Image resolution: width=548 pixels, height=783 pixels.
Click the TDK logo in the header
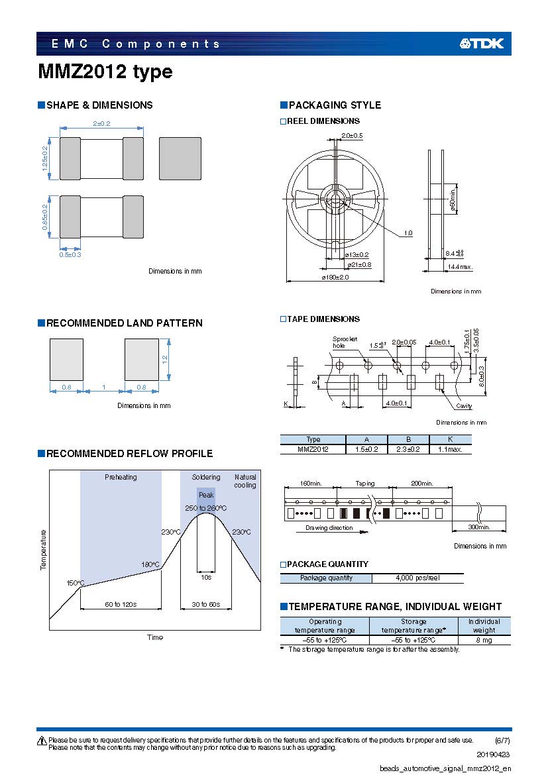point(482,44)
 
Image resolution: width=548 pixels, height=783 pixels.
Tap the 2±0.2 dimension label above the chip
point(101,123)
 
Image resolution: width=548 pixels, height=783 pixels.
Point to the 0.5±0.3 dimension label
point(70,254)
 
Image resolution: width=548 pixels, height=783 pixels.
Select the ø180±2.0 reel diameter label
point(335,277)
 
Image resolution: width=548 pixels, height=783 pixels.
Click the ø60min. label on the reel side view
point(453,199)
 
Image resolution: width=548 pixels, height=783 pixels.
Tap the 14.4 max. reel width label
point(460,267)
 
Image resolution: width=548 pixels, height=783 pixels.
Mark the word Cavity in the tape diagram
point(464,406)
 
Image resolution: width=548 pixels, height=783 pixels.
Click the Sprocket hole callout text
point(345,342)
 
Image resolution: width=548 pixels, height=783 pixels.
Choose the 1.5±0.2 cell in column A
point(366,449)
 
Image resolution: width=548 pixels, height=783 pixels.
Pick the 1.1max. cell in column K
point(450,449)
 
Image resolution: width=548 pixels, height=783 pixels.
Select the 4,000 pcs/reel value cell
point(417,578)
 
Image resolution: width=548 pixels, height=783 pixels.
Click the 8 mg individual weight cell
point(484,640)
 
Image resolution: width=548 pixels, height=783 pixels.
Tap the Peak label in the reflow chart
point(206,495)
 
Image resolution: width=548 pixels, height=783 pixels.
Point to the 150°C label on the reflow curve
point(76,583)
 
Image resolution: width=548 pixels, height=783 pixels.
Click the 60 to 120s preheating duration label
point(121,604)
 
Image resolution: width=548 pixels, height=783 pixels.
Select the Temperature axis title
point(43,550)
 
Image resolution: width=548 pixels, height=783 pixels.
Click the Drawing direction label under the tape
point(329,528)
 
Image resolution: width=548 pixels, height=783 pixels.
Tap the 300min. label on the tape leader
point(479,527)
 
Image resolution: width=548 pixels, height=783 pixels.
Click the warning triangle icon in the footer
point(42,741)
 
